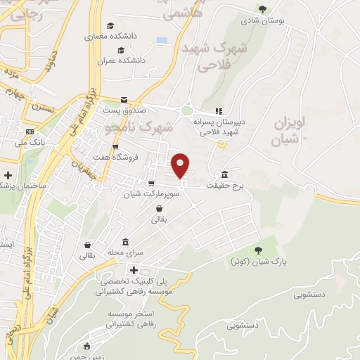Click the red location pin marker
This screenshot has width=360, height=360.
point(181,165)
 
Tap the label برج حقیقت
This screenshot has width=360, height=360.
point(224,186)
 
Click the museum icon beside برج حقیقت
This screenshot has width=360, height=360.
point(224,174)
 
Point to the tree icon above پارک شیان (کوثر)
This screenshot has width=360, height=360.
point(258,250)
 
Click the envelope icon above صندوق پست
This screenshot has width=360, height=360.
point(124,99)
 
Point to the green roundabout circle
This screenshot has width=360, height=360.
point(186,110)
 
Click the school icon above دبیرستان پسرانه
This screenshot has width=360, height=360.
point(219,110)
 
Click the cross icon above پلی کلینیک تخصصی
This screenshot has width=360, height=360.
point(134,270)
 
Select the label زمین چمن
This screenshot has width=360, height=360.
point(91,356)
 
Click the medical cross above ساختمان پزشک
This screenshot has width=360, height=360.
point(8,174)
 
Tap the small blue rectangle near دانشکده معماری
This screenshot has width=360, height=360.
point(162,40)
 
